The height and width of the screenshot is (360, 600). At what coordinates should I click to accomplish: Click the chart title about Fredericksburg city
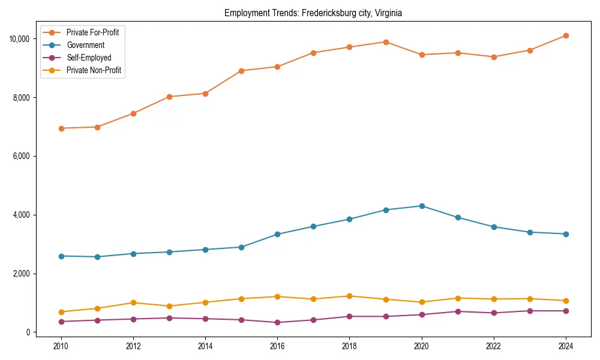(313, 13)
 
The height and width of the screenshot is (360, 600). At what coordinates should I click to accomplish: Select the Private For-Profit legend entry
(92, 32)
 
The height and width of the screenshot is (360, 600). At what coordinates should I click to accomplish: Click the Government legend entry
(85, 45)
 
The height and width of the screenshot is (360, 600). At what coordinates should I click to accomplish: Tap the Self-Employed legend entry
(89, 58)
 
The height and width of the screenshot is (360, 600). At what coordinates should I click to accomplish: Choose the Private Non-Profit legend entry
(94, 70)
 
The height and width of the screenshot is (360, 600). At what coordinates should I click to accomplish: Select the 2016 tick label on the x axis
(277, 346)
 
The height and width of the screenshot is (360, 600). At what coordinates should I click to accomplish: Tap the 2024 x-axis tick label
(566, 346)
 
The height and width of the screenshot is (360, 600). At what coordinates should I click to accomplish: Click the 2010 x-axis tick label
(61, 346)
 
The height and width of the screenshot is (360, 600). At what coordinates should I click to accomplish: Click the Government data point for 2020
(422, 206)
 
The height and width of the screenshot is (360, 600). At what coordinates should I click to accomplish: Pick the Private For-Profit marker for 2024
(566, 35)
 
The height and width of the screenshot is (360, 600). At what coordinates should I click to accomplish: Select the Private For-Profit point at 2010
(61, 128)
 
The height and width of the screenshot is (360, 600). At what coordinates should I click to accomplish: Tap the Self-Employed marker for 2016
(277, 322)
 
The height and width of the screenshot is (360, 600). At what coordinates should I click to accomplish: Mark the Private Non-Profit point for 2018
(349, 296)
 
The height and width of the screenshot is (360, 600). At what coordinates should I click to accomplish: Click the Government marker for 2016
(277, 234)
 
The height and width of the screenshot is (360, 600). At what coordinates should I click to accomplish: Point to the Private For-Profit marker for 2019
(386, 42)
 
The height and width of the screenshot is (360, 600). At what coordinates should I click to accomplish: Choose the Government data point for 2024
(566, 234)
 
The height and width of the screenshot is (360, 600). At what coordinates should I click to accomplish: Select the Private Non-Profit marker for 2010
(61, 312)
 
